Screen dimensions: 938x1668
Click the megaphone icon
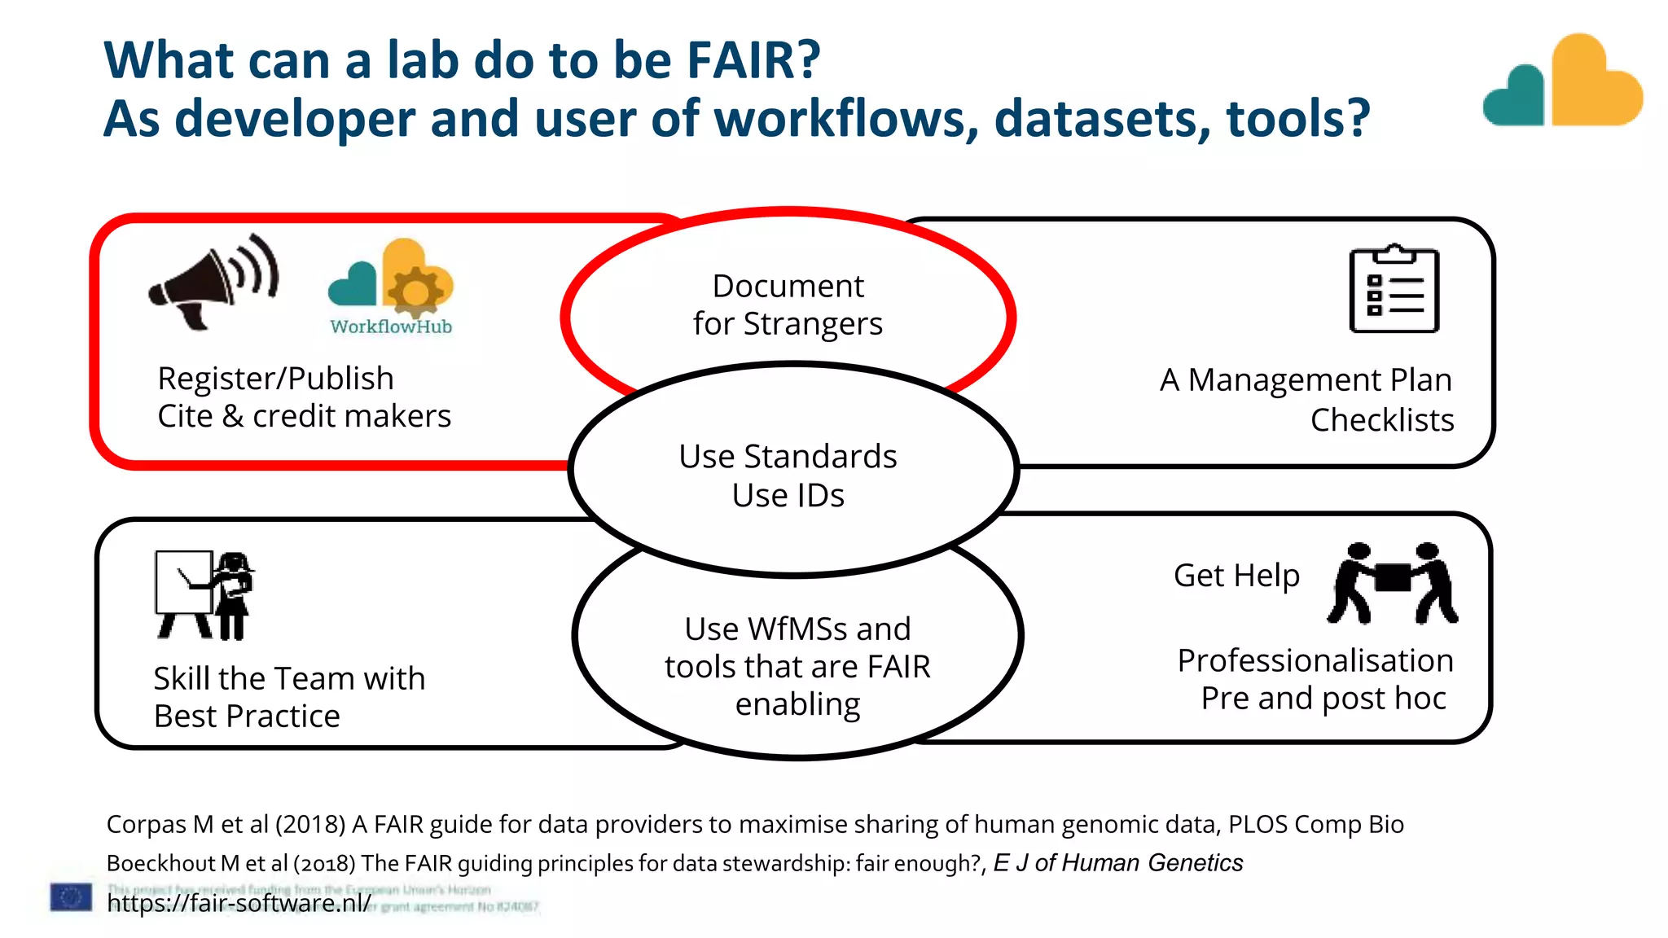click(x=213, y=282)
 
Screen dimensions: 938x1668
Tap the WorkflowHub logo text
click(x=391, y=327)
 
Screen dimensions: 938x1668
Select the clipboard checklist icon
click(x=1394, y=289)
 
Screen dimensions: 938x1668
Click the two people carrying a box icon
click(x=1393, y=583)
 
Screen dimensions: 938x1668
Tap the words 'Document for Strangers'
click(x=788, y=305)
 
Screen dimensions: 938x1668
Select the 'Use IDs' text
click(x=788, y=495)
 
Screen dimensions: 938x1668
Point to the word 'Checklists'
click(x=1381, y=420)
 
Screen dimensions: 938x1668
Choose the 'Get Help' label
click(x=1236, y=576)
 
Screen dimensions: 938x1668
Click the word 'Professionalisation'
click(x=1315, y=660)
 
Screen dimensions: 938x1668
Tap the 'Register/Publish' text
click(x=275, y=379)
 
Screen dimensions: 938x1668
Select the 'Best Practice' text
click(x=247, y=717)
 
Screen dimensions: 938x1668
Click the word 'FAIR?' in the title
click(x=753, y=60)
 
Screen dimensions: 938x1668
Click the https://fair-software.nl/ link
click(x=239, y=903)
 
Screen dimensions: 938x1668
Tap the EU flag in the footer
click(x=71, y=897)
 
